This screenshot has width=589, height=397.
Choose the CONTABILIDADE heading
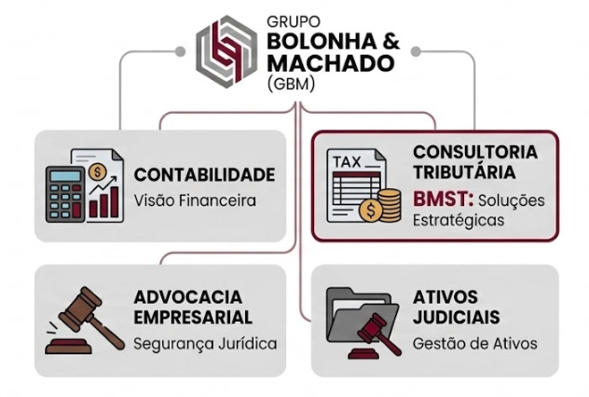click(x=204, y=174)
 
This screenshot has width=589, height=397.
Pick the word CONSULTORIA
click(x=474, y=151)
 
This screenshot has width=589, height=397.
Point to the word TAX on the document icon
click(x=349, y=159)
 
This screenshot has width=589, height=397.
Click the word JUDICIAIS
click(x=457, y=317)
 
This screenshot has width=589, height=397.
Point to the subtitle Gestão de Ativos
click(x=474, y=344)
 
